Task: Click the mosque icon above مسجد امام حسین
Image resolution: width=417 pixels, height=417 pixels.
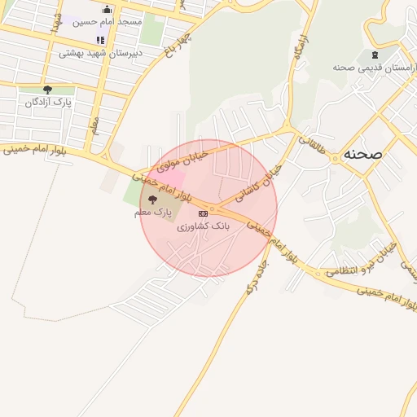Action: tap(107, 9)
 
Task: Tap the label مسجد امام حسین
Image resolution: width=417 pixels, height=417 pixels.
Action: tap(108, 21)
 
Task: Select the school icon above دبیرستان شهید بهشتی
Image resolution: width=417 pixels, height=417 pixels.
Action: tap(100, 39)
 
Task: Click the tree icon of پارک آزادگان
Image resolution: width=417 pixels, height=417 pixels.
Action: tap(47, 90)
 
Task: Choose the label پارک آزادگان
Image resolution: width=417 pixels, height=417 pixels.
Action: tap(48, 103)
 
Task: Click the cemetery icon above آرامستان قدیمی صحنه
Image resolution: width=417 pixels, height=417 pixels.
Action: tap(375, 55)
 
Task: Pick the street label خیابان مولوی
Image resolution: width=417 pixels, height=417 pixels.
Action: tap(182, 160)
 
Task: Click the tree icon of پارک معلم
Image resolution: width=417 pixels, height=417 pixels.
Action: tap(153, 200)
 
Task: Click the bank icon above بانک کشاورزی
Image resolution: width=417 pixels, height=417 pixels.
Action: tap(203, 213)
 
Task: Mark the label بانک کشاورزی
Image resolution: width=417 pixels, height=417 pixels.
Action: tap(204, 225)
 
